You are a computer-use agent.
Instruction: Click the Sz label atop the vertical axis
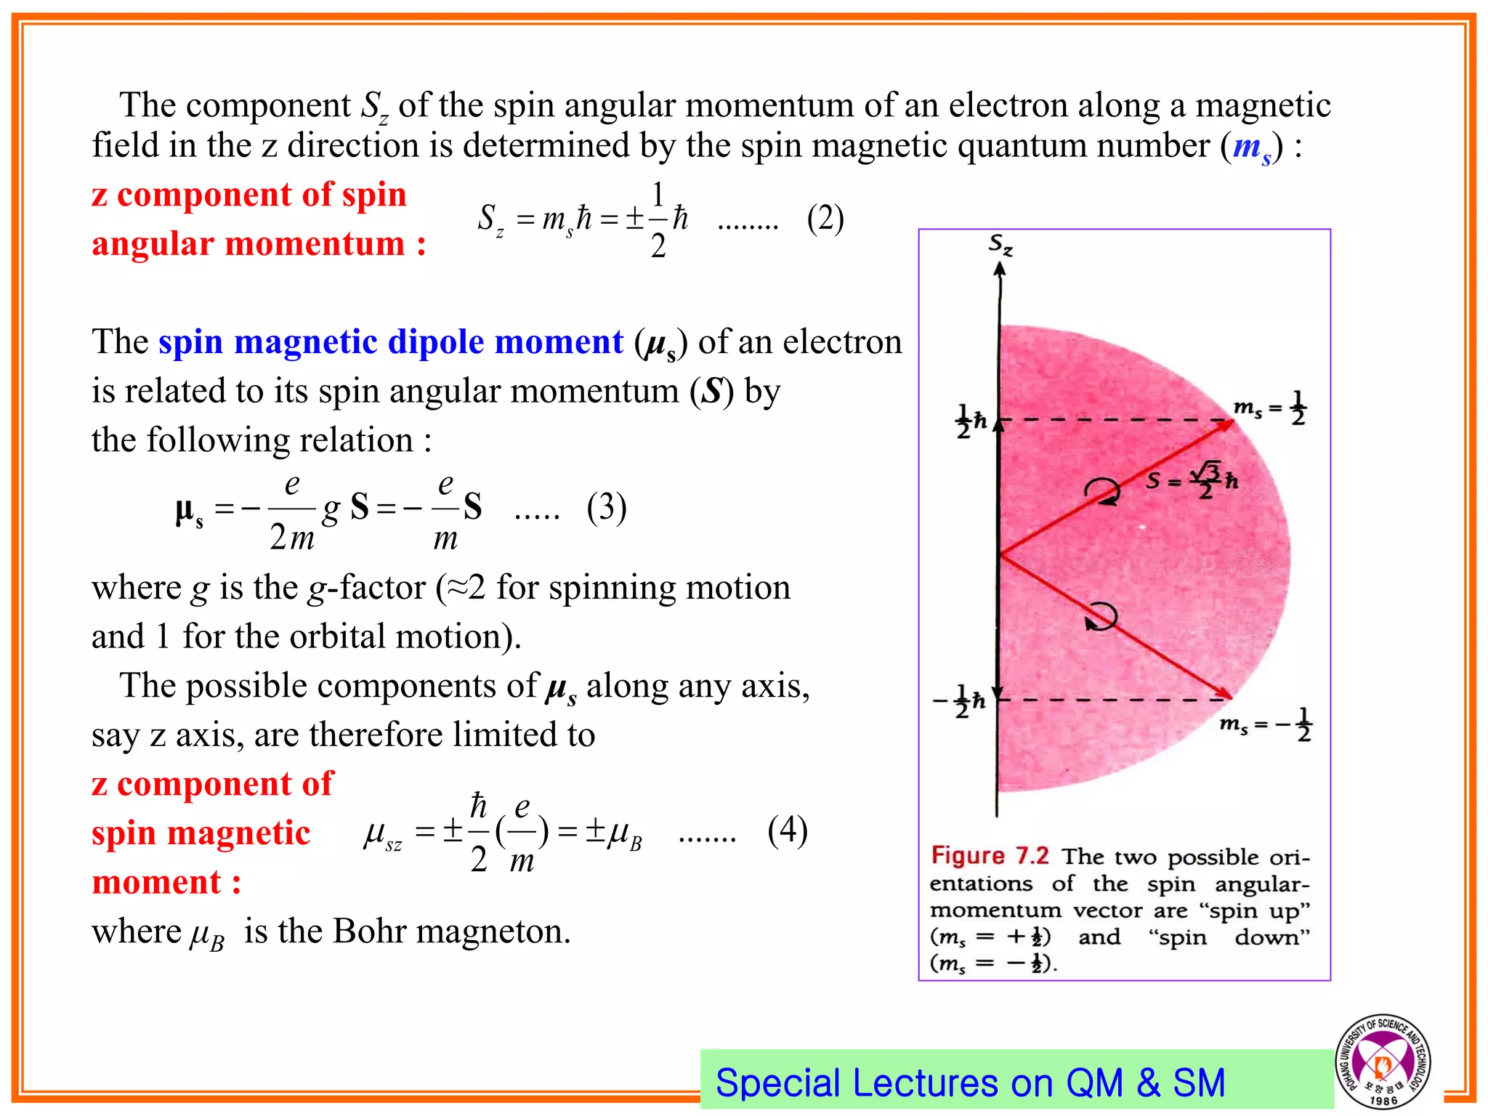coord(1000,245)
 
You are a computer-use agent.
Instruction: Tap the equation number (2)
coord(825,219)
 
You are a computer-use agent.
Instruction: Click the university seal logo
coord(1382,1061)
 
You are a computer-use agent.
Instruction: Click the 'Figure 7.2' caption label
coord(990,855)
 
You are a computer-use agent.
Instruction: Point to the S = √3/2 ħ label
coord(1192,480)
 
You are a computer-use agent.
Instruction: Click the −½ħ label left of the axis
coord(960,701)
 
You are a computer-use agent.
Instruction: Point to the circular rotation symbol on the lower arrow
coord(1101,617)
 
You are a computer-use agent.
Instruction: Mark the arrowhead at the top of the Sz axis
coord(1000,268)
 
